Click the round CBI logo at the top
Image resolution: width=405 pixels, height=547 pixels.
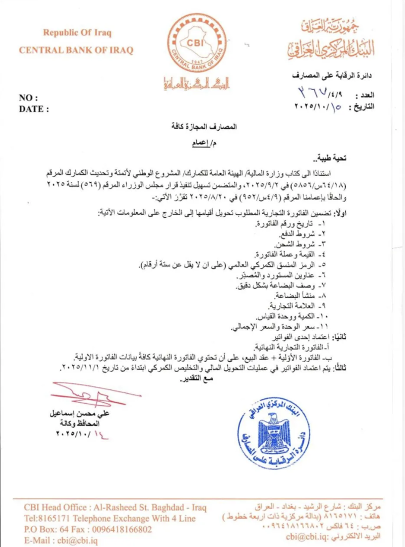197,43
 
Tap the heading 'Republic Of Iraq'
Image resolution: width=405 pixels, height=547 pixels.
77,33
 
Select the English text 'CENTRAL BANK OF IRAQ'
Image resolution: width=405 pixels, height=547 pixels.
76,50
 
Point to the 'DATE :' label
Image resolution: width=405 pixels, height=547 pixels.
34,108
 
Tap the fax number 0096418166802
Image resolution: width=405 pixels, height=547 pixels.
116,529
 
